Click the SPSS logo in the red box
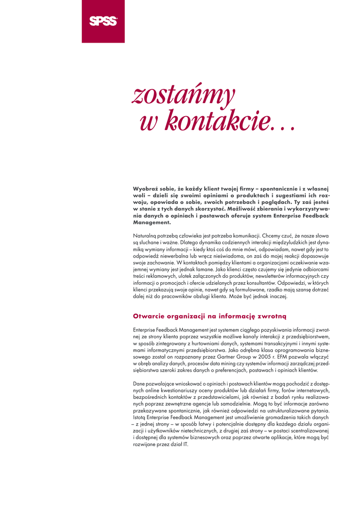pyautogui.click(x=103, y=21)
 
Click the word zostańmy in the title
pyautogui.click(x=183, y=95)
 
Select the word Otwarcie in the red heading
pyautogui.click(x=148, y=316)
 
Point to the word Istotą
pyautogui.click(x=141, y=418)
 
